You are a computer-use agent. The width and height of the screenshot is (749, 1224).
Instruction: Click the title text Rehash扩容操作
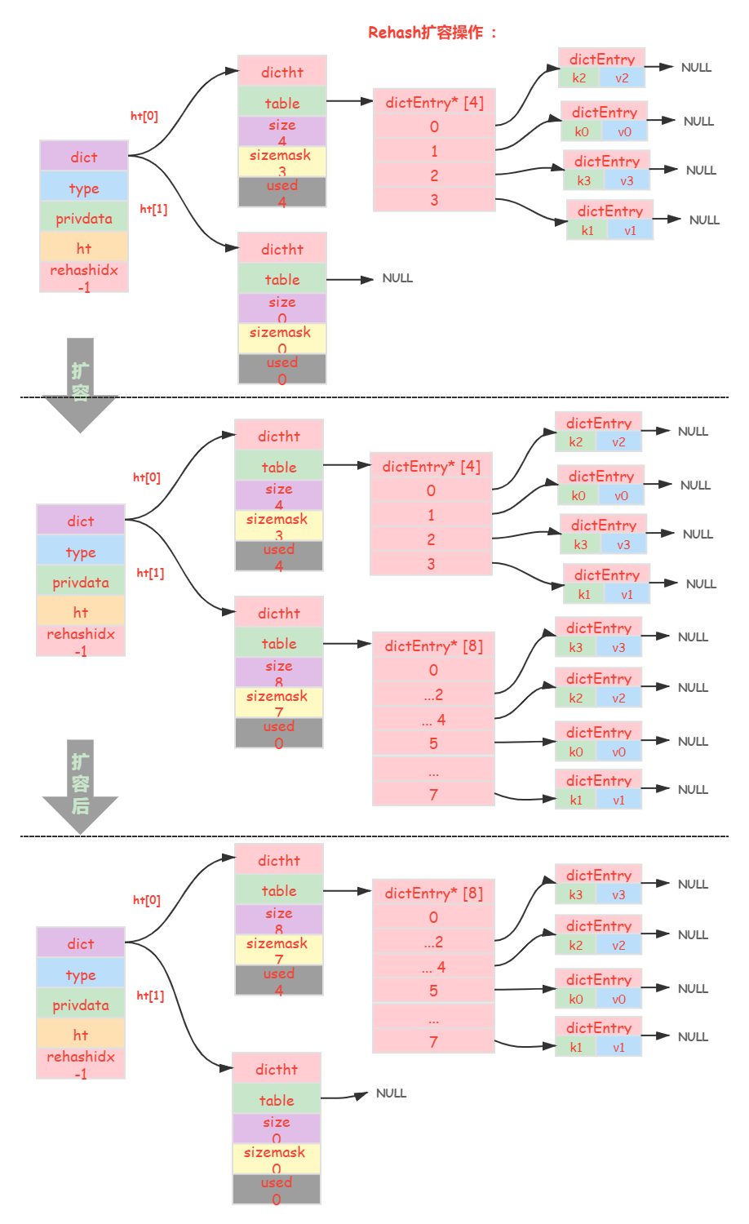(x=432, y=32)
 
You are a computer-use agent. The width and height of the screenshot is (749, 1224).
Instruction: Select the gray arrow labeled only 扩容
(x=80, y=384)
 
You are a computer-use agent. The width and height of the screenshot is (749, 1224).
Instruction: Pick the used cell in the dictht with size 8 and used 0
(x=279, y=733)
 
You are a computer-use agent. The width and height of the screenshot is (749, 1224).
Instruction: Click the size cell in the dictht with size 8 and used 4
(x=279, y=919)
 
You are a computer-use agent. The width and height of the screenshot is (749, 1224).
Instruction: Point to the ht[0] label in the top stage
(x=144, y=116)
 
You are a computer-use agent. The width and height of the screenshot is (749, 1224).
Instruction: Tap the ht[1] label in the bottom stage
(x=150, y=995)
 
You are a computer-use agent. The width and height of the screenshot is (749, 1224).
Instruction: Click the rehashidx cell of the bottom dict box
(x=81, y=1063)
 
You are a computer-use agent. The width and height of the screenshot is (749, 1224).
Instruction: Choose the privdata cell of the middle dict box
(x=81, y=583)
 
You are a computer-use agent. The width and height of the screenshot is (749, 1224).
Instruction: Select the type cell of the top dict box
(x=84, y=188)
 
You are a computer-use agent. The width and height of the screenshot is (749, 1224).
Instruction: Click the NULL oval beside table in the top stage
(x=397, y=277)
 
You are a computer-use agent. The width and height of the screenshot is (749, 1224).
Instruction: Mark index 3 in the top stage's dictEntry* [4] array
(x=434, y=200)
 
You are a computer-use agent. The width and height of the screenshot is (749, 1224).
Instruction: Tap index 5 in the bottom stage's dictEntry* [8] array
(x=433, y=991)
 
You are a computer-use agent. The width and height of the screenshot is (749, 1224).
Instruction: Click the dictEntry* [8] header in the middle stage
(x=433, y=645)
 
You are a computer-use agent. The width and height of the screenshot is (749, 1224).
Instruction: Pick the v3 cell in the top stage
(x=627, y=181)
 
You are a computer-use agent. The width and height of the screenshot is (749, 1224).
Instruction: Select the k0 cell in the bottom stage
(x=576, y=999)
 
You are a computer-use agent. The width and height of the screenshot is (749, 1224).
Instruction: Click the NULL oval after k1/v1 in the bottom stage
(x=693, y=1036)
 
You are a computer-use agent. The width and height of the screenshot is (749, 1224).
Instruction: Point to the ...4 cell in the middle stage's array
(x=433, y=720)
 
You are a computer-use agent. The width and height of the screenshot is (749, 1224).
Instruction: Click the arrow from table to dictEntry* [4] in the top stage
(x=349, y=101)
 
